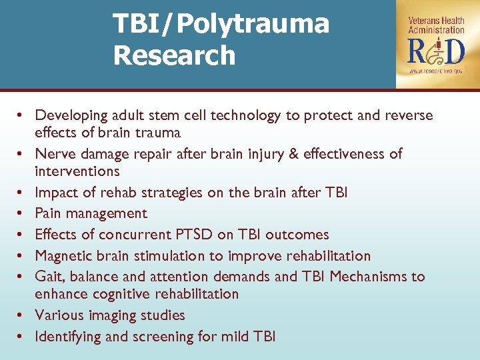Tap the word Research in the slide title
click(174, 55)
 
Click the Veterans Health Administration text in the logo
click(437, 25)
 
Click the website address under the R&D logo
click(437, 70)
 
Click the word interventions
click(77, 171)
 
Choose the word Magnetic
click(64, 256)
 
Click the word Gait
click(49, 277)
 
